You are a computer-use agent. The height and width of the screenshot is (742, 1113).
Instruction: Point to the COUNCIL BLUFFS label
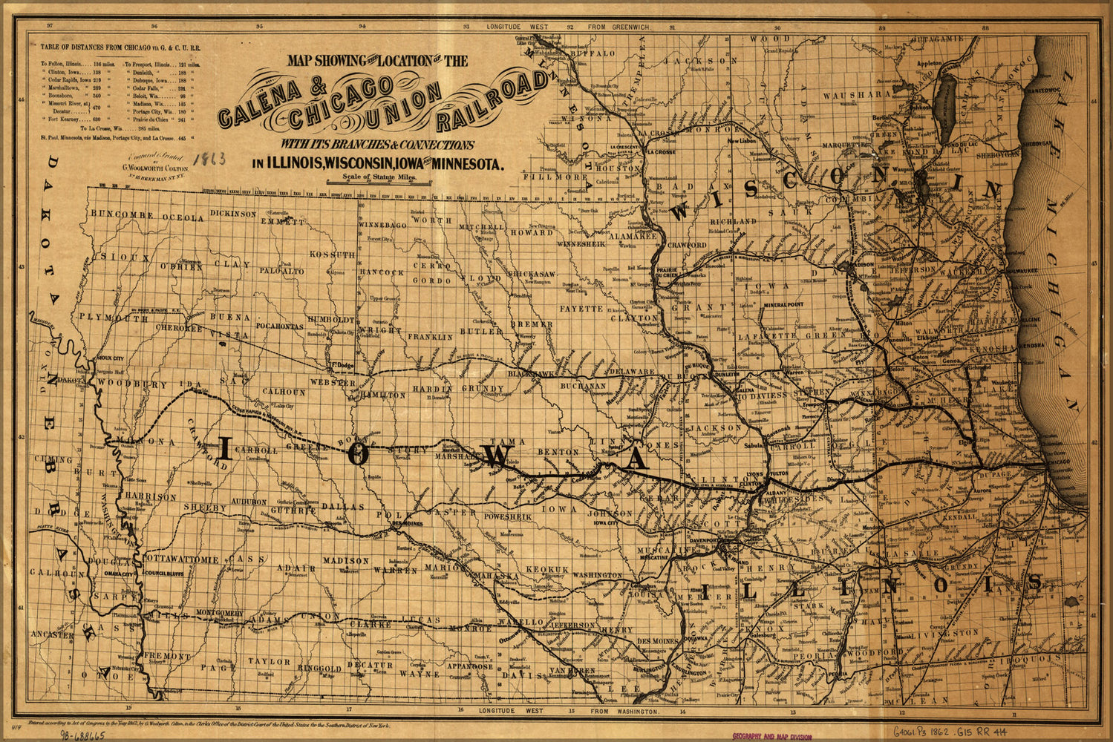(x=163, y=574)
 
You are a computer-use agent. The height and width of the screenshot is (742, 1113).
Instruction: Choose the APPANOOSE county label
(x=470, y=666)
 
